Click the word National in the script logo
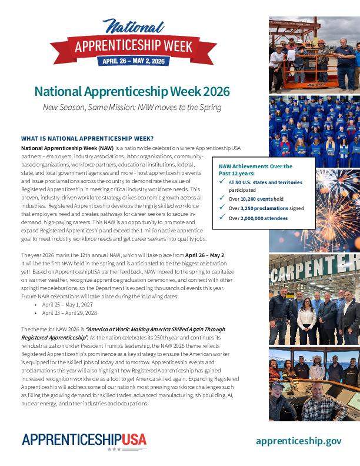133,26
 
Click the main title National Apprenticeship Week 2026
132,92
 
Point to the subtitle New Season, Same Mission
132,107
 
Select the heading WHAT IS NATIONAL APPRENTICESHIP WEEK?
87,138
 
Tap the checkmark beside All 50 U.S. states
221,182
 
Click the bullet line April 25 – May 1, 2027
67,305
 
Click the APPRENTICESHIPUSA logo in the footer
84,440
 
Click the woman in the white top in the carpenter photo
306,321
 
